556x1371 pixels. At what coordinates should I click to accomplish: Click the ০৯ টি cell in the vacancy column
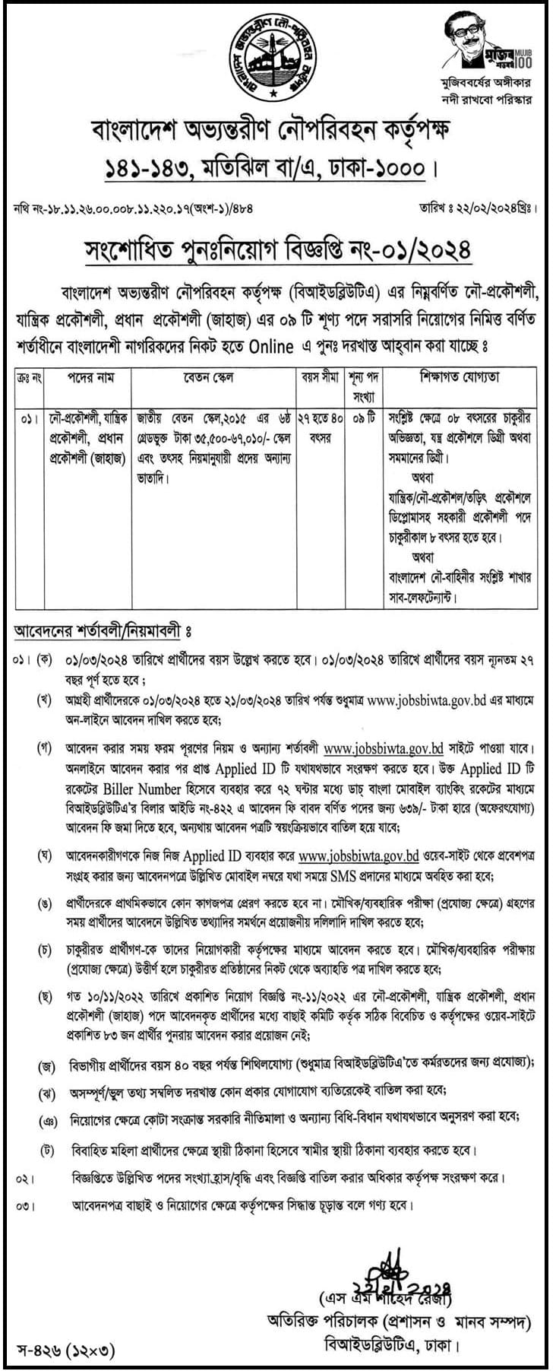tap(357, 419)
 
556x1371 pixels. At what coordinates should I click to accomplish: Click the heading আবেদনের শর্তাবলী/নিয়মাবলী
tap(98, 630)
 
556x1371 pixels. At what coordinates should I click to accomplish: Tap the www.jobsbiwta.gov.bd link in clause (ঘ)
tap(359, 856)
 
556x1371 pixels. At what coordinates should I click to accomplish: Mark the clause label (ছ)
tap(45, 995)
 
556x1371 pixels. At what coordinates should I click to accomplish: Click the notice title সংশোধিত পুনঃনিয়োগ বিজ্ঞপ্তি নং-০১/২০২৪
tap(277, 248)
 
